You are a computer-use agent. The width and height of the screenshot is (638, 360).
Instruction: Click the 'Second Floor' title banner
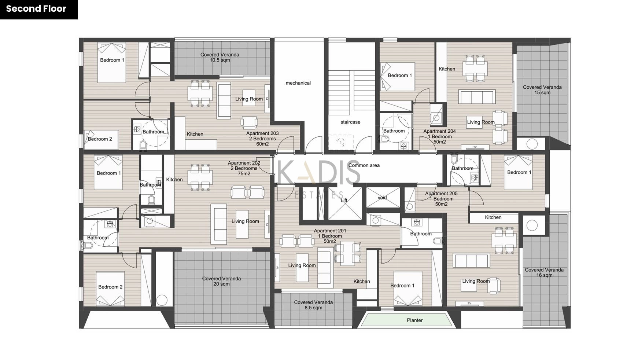(36, 9)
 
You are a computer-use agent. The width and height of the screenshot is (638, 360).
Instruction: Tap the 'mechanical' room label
(298, 83)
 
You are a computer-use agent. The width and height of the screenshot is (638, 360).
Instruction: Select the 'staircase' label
(350, 122)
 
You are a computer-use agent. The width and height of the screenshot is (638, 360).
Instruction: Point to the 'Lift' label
(344, 200)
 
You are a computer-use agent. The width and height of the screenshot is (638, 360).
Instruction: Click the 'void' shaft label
(382, 198)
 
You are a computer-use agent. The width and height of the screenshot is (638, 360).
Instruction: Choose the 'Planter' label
(414, 320)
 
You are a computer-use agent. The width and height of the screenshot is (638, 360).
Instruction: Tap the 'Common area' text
(364, 165)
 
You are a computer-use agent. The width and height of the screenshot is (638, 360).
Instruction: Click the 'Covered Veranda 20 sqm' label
(221, 281)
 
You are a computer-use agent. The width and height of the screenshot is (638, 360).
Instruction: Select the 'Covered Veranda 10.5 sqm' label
(220, 57)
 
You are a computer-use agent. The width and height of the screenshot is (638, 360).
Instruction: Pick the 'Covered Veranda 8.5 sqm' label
(313, 305)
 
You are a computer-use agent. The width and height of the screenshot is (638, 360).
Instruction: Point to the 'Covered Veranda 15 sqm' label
(542, 90)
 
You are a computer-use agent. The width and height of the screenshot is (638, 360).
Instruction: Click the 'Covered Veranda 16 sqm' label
(544, 272)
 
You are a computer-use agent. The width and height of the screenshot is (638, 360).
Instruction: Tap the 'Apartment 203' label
(262, 133)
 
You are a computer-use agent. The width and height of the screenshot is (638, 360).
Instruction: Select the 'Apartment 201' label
(330, 231)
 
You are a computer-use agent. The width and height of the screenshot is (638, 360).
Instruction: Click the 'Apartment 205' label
(441, 194)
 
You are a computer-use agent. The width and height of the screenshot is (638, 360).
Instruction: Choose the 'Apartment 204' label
(439, 131)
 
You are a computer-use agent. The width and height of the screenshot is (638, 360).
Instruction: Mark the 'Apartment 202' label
(244, 163)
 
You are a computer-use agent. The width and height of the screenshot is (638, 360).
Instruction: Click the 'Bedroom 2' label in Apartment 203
(100, 139)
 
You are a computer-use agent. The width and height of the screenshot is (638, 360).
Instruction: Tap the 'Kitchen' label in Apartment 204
(447, 69)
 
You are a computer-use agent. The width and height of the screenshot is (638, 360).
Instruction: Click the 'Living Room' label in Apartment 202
(245, 221)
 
